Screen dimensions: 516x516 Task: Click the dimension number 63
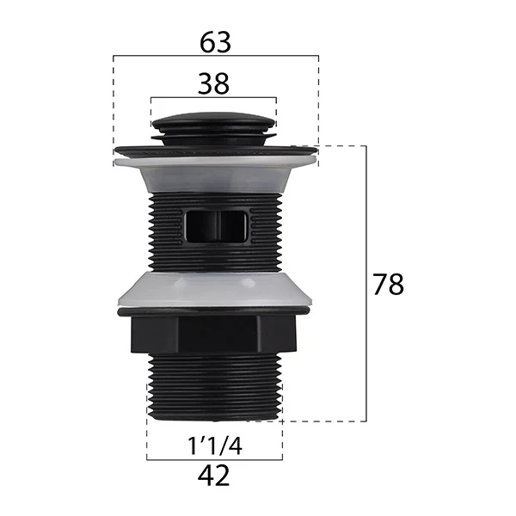(215, 43)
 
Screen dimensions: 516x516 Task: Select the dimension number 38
(213, 84)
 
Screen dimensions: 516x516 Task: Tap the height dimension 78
(388, 285)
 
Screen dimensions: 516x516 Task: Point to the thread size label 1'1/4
(214, 445)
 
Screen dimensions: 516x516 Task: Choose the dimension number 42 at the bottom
(213, 476)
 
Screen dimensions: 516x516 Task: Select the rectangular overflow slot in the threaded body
(215, 227)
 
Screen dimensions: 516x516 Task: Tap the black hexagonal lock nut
(213, 335)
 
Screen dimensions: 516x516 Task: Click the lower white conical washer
(215, 289)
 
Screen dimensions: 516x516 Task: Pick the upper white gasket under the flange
(216, 174)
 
